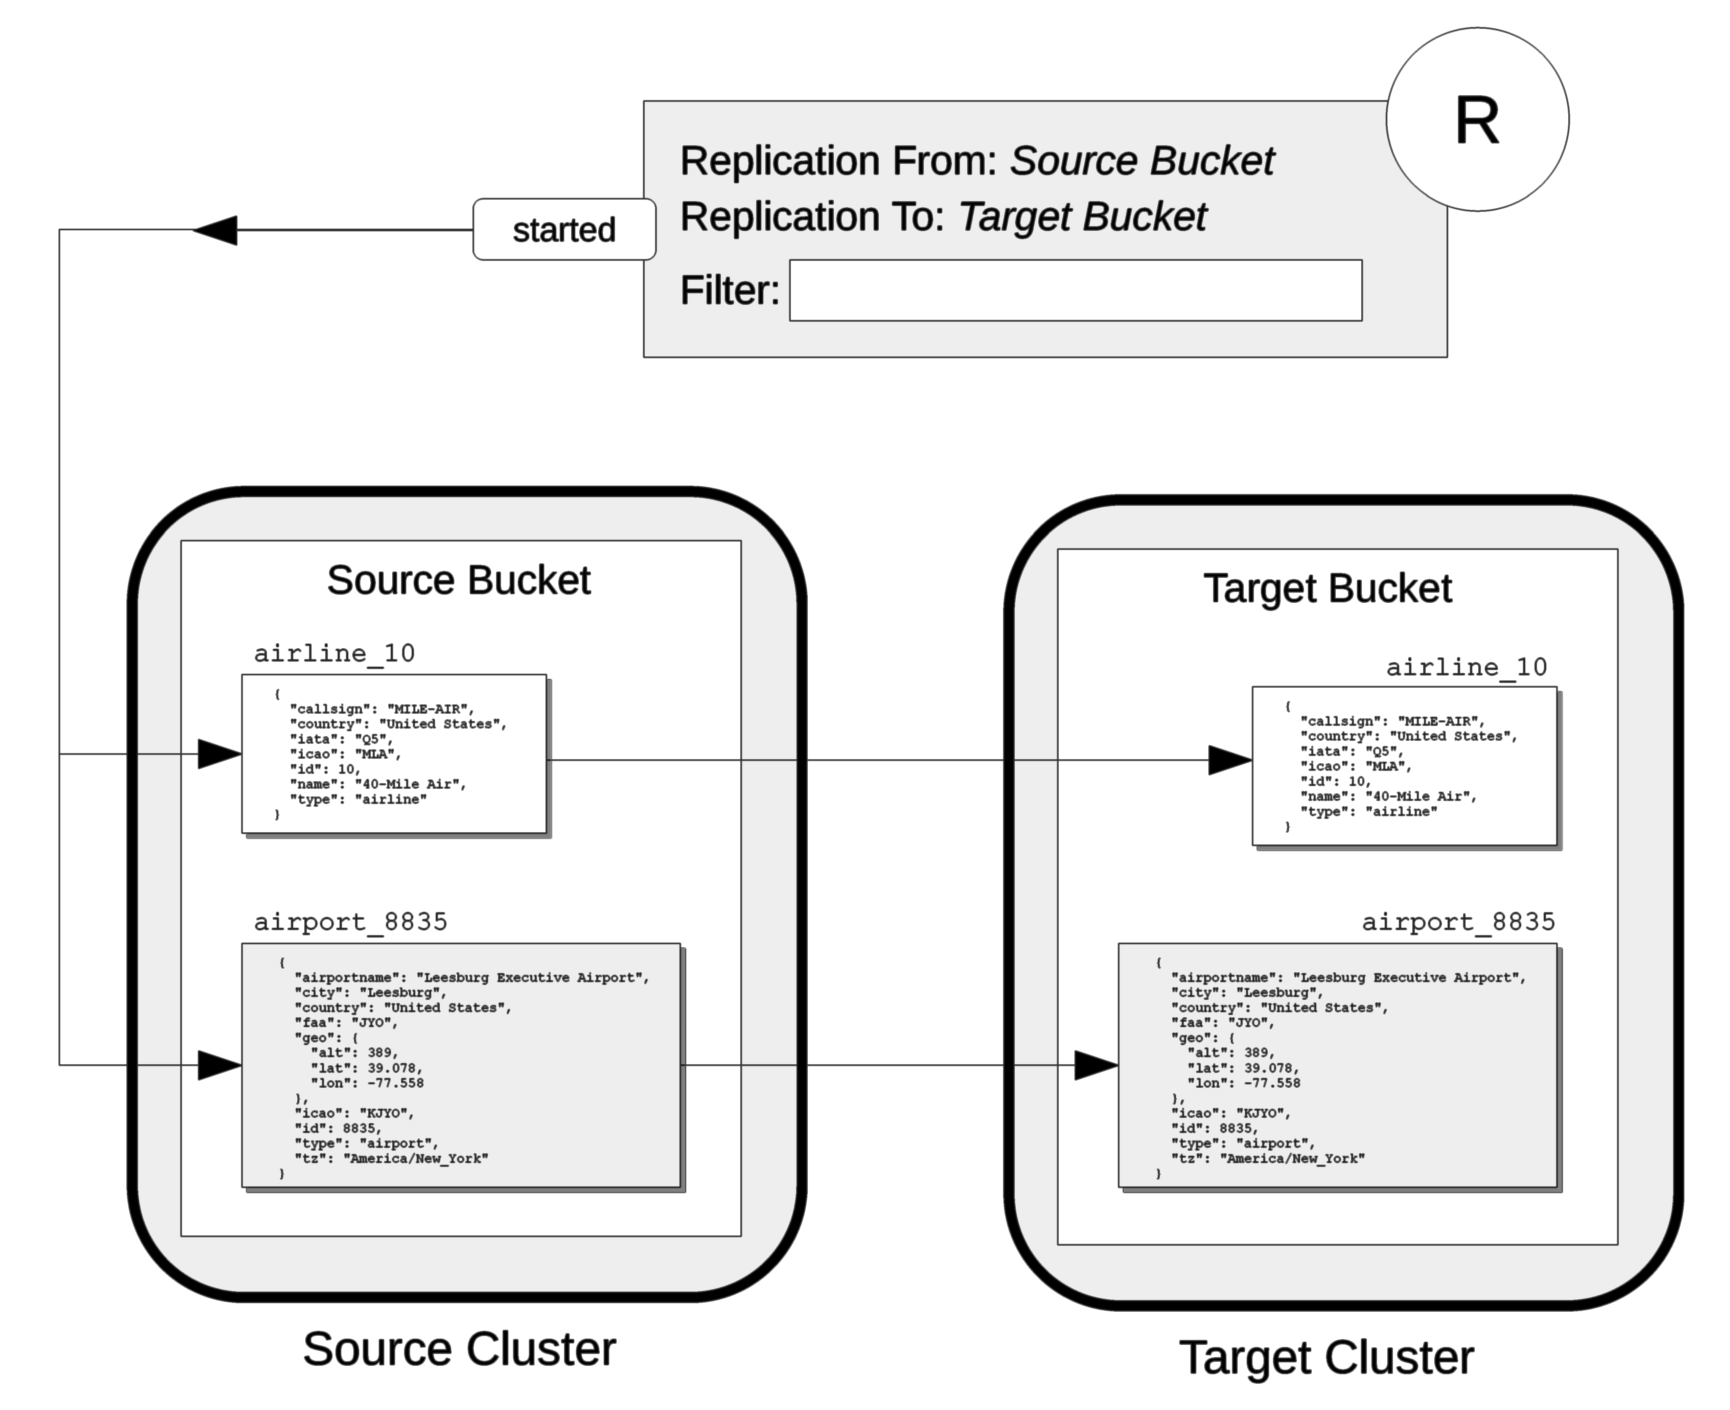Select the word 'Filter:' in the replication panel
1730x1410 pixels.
pos(729,290)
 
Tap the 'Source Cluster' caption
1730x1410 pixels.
pos(459,1349)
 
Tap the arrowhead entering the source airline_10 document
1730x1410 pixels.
pos(219,754)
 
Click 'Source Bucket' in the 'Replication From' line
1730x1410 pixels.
pos(1141,161)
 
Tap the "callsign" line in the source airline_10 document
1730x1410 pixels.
pos(382,708)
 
